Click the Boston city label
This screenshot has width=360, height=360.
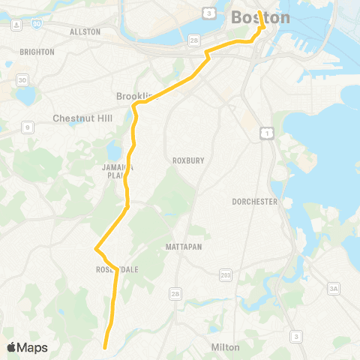[x=260, y=18]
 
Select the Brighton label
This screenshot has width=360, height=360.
[x=37, y=52]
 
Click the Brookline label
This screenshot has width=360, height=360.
[x=137, y=97]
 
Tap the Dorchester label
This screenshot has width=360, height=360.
[x=255, y=202]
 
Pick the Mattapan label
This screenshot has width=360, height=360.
[x=184, y=246]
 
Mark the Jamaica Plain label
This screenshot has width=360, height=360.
[x=117, y=172]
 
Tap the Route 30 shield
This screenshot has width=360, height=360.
[x=22, y=80]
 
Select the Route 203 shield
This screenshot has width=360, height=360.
[x=226, y=277]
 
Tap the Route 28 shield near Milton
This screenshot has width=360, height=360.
[x=174, y=293]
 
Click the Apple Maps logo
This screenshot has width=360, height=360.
[x=27, y=347]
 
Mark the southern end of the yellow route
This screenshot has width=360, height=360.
[x=105, y=347]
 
